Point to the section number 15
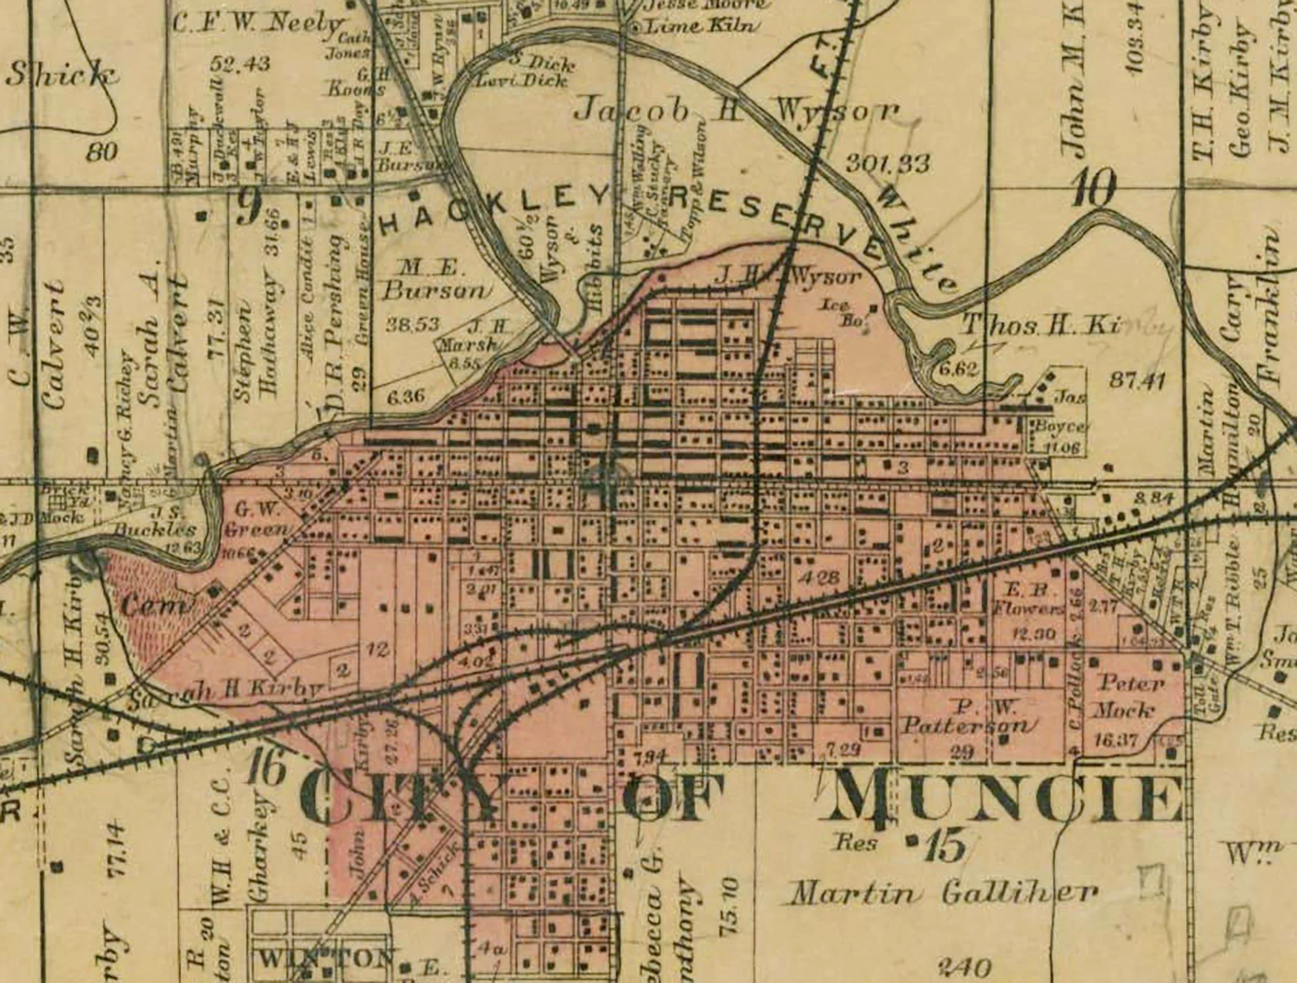(946, 847)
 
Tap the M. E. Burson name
(433, 279)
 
